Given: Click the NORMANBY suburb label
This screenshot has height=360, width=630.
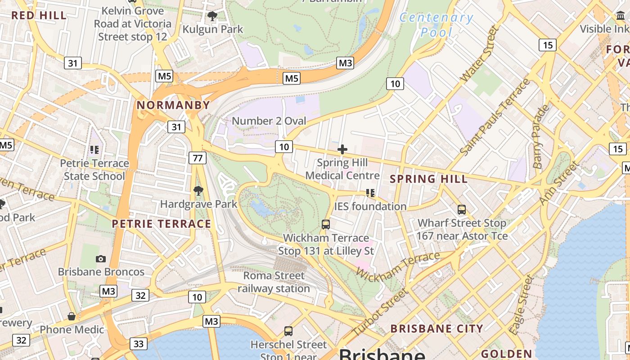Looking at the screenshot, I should pos(173,105).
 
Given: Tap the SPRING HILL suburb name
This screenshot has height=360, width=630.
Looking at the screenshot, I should pos(428,179).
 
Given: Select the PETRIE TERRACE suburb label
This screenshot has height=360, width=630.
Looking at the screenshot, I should pos(161,224).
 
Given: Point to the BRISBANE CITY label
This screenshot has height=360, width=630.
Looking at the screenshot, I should pos(436,328).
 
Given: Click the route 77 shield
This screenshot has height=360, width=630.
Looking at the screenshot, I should pos(198,157).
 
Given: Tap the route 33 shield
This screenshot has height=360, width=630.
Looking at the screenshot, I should pos(139,344).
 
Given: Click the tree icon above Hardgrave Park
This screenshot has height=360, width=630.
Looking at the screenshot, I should pos(198,191).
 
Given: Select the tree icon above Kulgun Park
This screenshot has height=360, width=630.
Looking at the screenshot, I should pos(212,17).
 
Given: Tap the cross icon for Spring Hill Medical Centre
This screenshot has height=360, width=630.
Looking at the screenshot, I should pos(342,149).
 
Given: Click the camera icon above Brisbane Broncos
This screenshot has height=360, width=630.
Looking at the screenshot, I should pos(101,259).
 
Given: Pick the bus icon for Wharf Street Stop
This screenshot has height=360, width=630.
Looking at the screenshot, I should pos(462,209).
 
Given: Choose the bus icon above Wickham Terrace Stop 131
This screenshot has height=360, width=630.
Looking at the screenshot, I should pos(326,224).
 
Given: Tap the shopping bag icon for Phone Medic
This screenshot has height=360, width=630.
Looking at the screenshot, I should pos(72,316).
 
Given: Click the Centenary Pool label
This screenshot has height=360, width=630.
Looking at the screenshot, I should pos(436,25).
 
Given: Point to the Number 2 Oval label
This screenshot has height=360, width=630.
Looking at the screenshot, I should pos(269,121).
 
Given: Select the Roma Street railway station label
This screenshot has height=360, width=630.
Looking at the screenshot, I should pos(274,282).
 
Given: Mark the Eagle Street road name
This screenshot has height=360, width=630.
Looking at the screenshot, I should pos(522,305).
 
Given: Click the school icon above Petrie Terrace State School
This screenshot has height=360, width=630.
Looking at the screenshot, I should pos(94,150).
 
